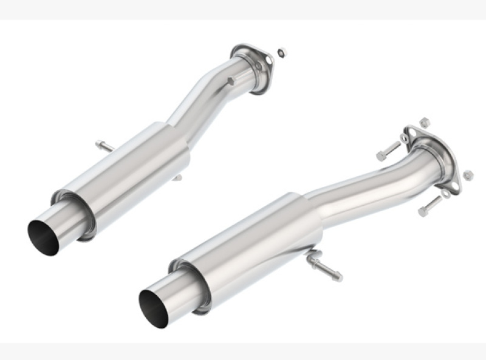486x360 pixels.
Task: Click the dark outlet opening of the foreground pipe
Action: coord(152,308)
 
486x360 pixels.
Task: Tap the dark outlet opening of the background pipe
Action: coord(43,235)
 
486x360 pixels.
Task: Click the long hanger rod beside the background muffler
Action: coord(104,146)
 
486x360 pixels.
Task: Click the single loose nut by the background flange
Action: coord(281,52)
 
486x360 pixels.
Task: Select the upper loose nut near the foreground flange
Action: coord(425,121)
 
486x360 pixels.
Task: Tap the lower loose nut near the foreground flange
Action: coord(468,175)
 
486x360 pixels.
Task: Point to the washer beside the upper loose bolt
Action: coord(404,138)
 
